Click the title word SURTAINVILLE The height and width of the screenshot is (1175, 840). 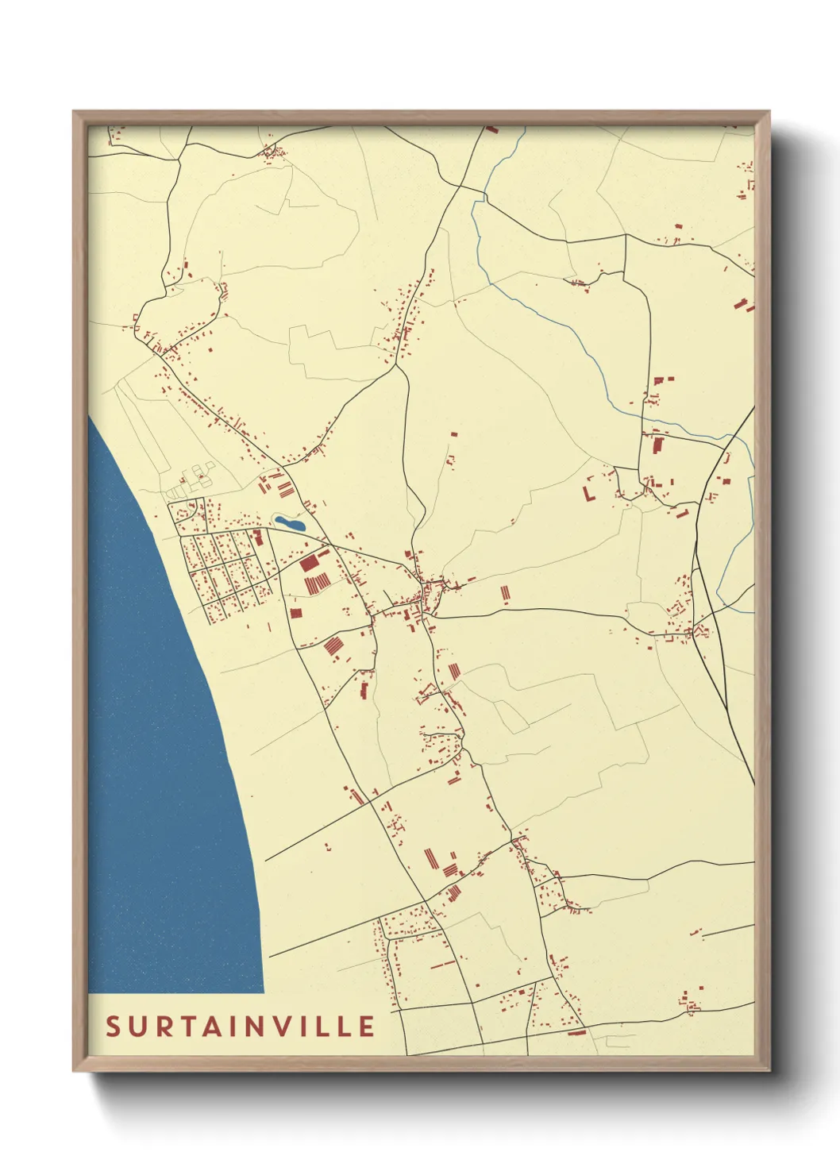coord(241,1027)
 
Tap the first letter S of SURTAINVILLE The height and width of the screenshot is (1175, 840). coord(113,1027)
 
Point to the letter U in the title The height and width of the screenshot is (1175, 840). coord(135,1027)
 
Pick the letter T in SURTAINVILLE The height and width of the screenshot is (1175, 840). coord(180,1027)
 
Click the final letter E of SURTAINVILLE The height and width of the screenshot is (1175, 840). coord(367,1027)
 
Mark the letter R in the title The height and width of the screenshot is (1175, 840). coord(158,1027)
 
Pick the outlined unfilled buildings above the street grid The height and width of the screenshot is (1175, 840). coord(195,479)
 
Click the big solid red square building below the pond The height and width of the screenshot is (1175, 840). coord(309,564)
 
